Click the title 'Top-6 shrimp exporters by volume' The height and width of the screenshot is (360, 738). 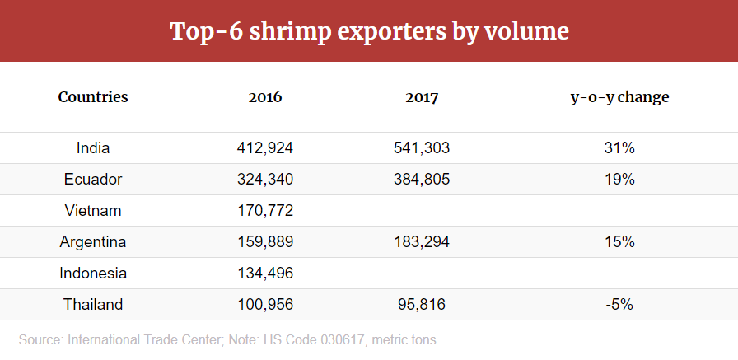pyautogui.click(x=369, y=31)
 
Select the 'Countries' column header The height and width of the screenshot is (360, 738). pyautogui.click(x=93, y=97)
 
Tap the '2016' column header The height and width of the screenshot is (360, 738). pyautogui.click(x=265, y=97)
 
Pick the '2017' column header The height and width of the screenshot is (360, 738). pyautogui.click(x=422, y=97)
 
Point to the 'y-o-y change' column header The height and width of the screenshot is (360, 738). pyautogui.click(x=619, y=97)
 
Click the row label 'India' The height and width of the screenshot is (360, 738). pyautogui.click(x=93, y=148)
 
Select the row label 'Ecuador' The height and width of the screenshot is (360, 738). pyautogui.click(x=93, y=180)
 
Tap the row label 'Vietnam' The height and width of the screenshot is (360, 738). pyautogui.click(x=93, y=211)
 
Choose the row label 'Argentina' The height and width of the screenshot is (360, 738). pyautogui.click(x=93, y=242)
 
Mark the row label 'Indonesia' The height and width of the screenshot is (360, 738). pyautogui.click(x=93, y=274)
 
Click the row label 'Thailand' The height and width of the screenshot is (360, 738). pyautogui.click(x=93, y=305)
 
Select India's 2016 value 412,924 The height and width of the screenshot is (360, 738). pyautogui.click(x=265, y=148)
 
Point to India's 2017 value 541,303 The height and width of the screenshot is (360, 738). pyautogui.click(x=422, y=148)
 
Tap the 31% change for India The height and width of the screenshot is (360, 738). pyautogui.click(x=619, y=148)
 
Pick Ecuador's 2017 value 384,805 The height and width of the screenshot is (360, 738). pyautogui.click(x=422, y=180)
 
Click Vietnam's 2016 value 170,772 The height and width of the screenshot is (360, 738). pyautogui.click(x=265, y=211)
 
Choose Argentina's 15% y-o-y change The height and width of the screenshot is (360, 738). pyautogui.click(x=619, y=242)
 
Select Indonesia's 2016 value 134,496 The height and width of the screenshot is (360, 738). pyautogui.click(x=265, y=274)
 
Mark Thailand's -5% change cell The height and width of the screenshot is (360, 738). pyautogui.click(x=619, y=305)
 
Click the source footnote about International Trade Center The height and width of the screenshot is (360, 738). pyautogui.click(x=227, y=339)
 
